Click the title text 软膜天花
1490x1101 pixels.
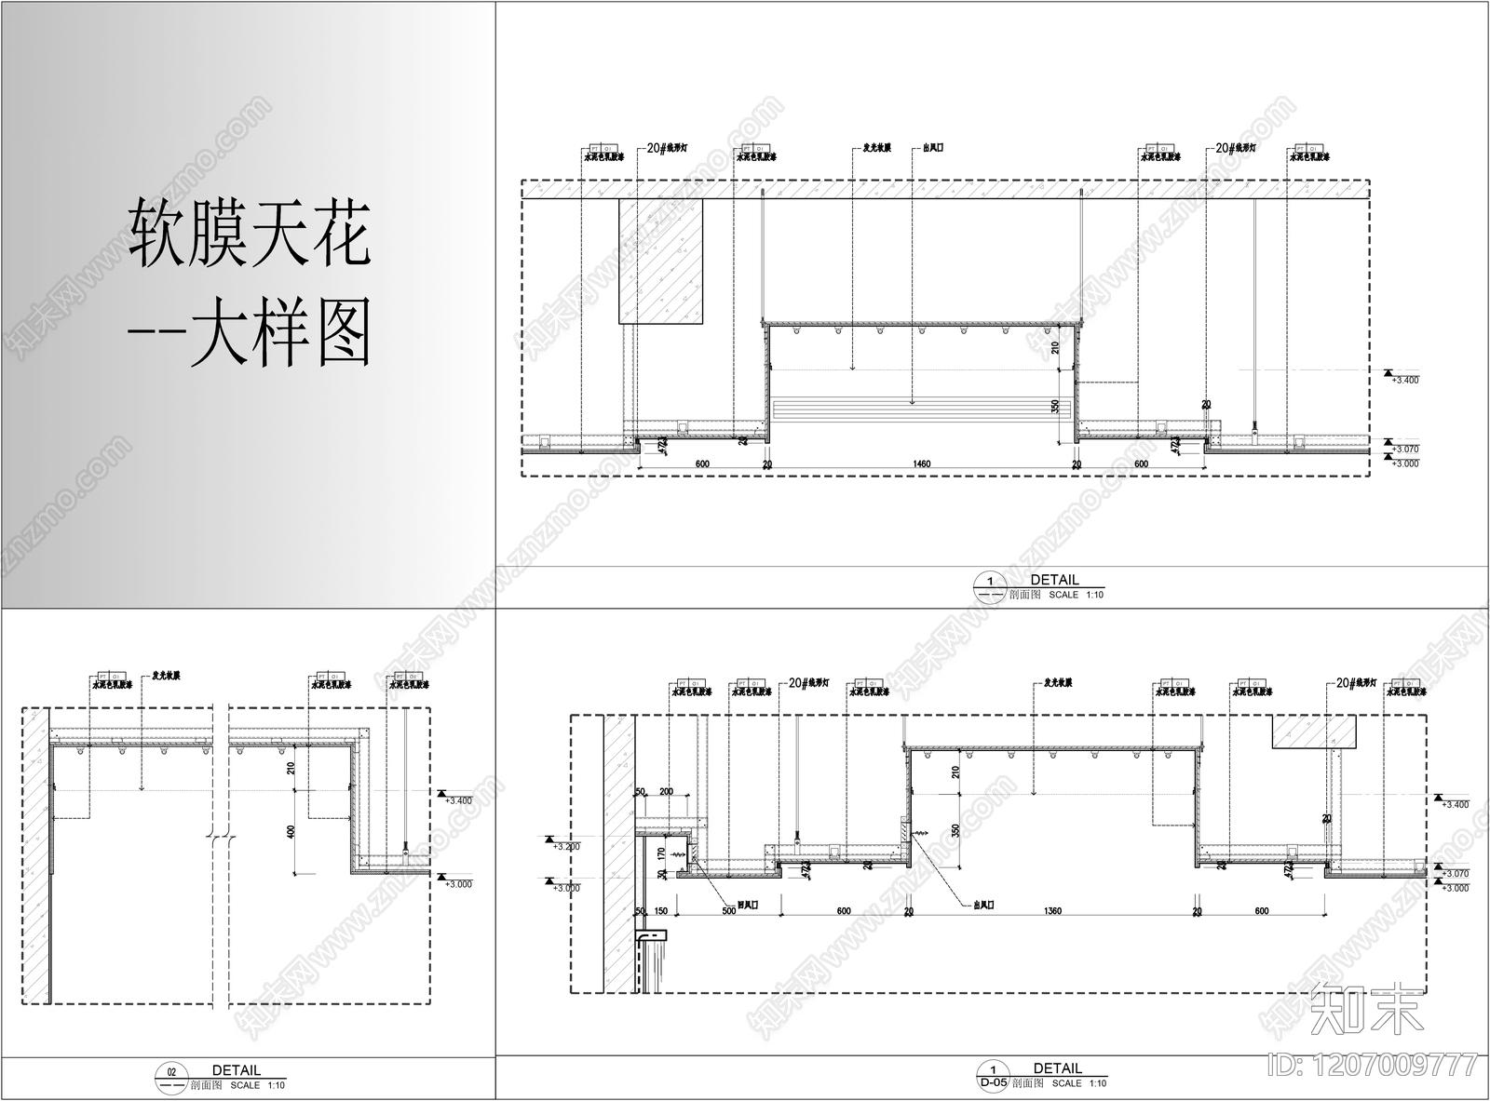250,234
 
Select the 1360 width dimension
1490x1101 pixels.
1052,911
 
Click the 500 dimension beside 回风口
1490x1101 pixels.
728,911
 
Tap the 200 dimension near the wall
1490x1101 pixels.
666,791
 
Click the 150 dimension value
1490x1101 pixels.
660,911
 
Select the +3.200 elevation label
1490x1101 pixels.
565,848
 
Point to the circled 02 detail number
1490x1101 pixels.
169,1072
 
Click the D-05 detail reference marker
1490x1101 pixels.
994,1082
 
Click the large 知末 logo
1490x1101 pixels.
1366,1008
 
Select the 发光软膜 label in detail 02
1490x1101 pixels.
166,676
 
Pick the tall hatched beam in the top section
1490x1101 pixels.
661,261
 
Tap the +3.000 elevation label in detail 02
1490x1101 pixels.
459,884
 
